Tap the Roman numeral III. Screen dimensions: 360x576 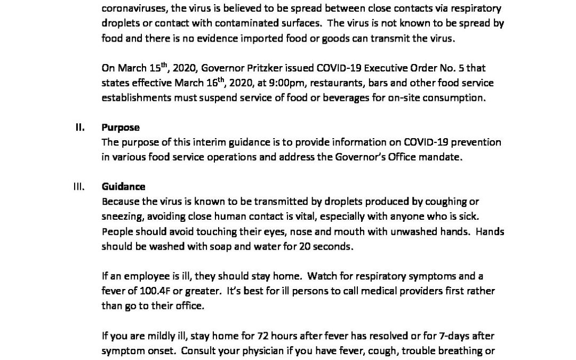tap(79, 187)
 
